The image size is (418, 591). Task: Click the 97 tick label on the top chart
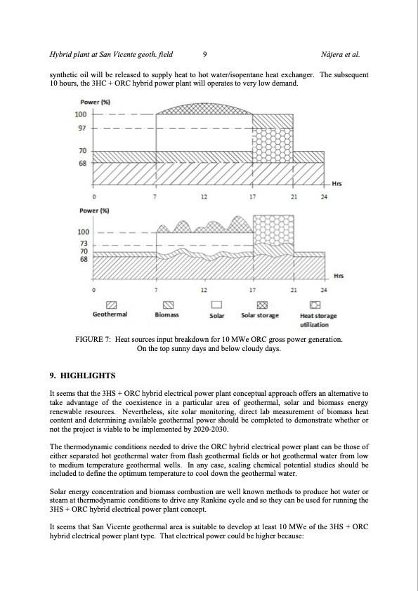(81, 128)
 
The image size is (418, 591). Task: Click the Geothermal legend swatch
(111, 305)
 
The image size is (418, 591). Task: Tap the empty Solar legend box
(216, 305)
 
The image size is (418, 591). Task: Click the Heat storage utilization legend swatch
(315, 305)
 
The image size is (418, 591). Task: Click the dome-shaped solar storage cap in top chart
(204, 109)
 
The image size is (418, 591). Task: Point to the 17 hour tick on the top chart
(252, 196)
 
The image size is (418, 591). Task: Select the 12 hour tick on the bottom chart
(203, 289)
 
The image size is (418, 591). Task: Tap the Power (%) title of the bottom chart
(93, 210)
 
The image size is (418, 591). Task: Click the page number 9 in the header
(204, 53)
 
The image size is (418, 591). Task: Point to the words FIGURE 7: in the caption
(93, 340)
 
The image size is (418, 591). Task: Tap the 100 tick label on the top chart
(81, 114)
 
